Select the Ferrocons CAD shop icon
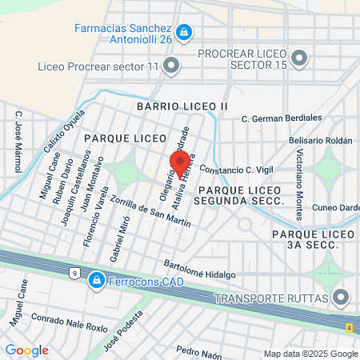point(96,280)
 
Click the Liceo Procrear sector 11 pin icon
point(171,65)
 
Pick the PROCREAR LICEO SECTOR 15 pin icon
point(300,58)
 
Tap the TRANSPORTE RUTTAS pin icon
point(342,298)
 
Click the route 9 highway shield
point(74,274)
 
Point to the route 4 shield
point(349,326)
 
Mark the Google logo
point(26,350)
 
